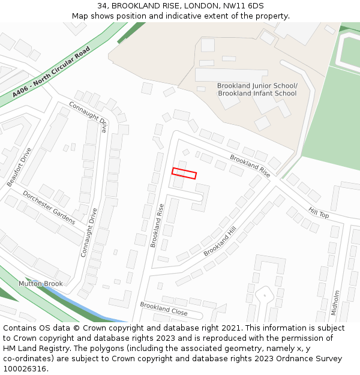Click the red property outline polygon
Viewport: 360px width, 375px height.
(x=184, y=173)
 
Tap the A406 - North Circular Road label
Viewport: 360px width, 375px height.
(x=51, y=72)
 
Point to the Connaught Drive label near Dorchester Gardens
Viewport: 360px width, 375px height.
(x=89, y=233)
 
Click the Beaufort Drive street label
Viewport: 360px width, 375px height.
(x=19, y=167)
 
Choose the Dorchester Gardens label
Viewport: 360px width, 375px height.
(x=49, y=208)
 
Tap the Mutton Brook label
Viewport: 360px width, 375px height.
(x=40, y=284)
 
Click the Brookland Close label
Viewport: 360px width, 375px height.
(x=163, y=309)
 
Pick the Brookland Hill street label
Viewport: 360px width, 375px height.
(x=220, y=241)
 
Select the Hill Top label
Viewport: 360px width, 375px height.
(x=319, y=212)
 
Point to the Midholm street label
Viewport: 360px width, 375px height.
(x=335, y=302)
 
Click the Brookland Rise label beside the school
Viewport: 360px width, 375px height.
(x=250, y=166)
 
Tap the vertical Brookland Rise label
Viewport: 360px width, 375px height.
(x=157, y=226)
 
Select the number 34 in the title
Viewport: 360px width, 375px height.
(x=102, y=5)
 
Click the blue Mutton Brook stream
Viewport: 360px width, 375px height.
(x=90, y=305)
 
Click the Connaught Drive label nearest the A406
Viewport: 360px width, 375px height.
(x=88, y=116)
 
